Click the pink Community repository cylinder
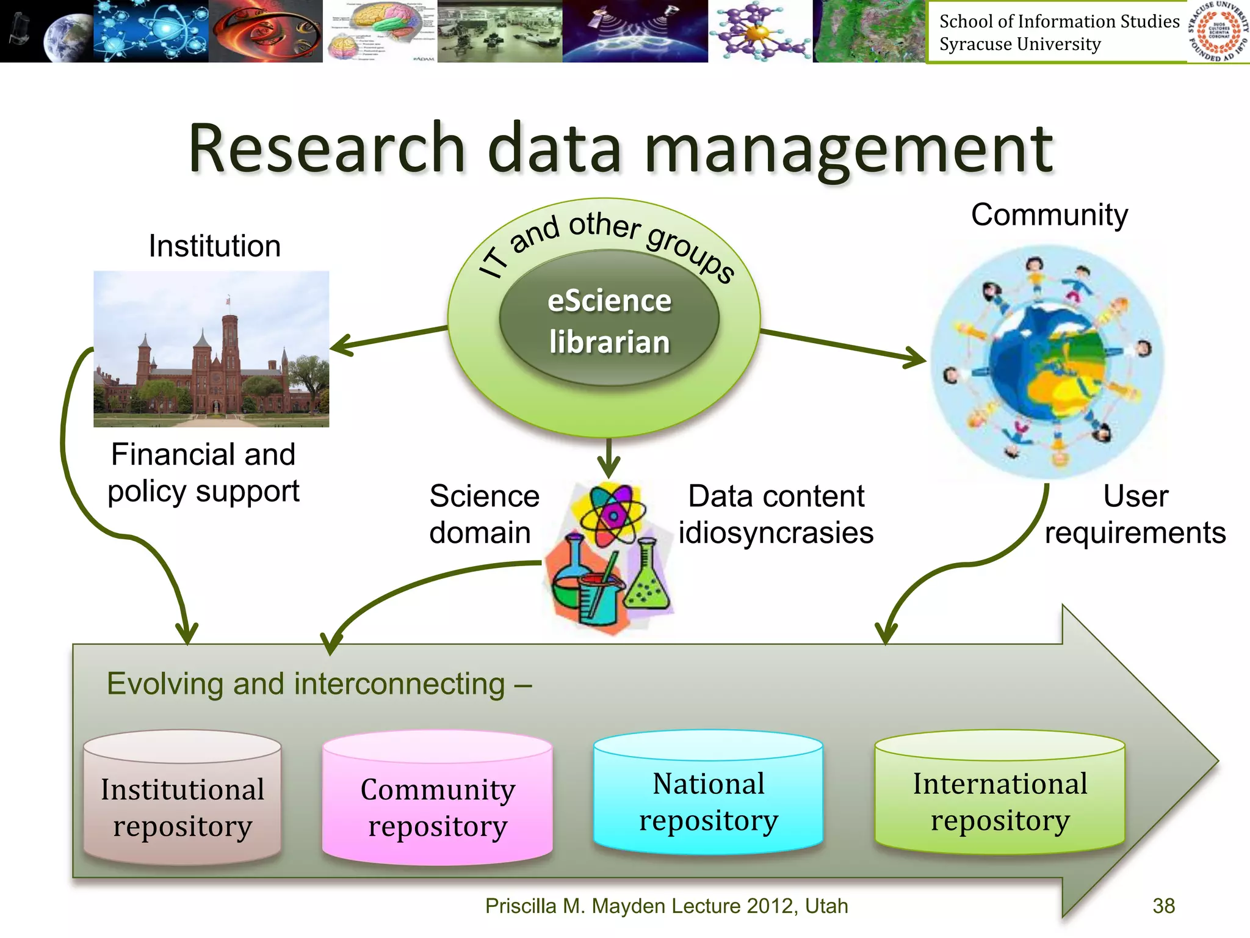point(437,800)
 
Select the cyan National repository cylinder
point(708,794)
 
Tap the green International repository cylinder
point(999,794)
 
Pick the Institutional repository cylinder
point(182,800)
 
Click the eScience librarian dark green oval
point(609,321)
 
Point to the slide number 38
point(1163,906)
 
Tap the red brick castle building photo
point(211,349)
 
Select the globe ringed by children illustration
point(1047,362)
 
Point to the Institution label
point(215,246)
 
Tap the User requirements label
point(1135,514)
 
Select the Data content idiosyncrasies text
point(776,514)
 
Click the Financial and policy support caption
point(203,473)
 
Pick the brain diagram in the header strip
point(380,31)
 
